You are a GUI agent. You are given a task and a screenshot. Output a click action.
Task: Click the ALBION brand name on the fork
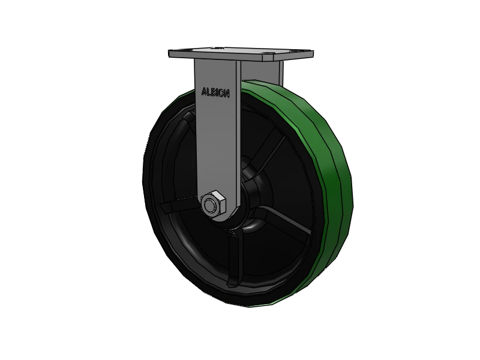point(214,93)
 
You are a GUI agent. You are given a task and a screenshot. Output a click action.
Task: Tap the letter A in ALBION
point(202,92)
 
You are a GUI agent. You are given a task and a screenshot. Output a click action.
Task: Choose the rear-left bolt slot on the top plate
point(215,46)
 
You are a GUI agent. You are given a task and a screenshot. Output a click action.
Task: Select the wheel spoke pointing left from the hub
point(177,207)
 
